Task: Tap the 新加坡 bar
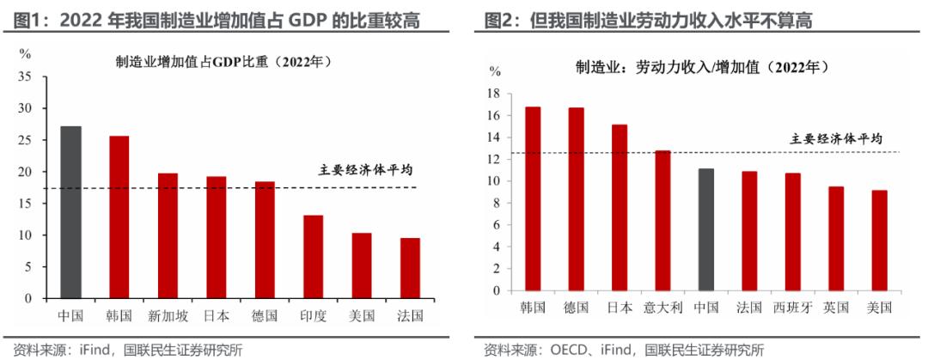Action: pos(168,235)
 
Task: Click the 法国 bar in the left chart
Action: pos(410,267)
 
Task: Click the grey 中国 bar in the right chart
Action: pos(705,229)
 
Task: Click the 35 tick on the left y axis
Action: pos(25,76)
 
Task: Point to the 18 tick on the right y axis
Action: pos(494,93)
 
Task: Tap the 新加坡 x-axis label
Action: pos(168,315)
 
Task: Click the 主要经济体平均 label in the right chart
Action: pos(836,137)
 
